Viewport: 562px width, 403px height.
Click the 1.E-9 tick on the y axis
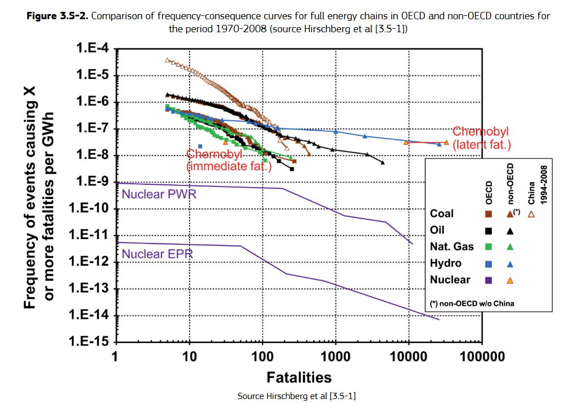coord(93,183)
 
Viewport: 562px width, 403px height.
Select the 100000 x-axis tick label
coord(481,357)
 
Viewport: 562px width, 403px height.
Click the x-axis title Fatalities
coord(299,376)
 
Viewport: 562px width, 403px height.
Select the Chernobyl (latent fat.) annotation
coord(482,138)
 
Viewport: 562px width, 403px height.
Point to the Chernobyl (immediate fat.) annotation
coord(229,160)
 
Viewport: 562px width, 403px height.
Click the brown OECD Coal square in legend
coord(488,214)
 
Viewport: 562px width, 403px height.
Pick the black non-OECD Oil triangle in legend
coord(510,231)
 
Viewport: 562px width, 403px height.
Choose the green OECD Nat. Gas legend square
coord(488,246)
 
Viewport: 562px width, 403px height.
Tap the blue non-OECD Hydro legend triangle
coord(510,263)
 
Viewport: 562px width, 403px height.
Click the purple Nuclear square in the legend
coord(488,279)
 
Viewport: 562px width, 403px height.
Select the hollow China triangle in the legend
coord(531,214)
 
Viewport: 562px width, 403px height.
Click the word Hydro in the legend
coord(445,263)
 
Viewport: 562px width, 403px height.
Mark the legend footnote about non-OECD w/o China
coord(472,304)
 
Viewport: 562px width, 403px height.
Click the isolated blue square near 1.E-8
coord(200,146)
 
